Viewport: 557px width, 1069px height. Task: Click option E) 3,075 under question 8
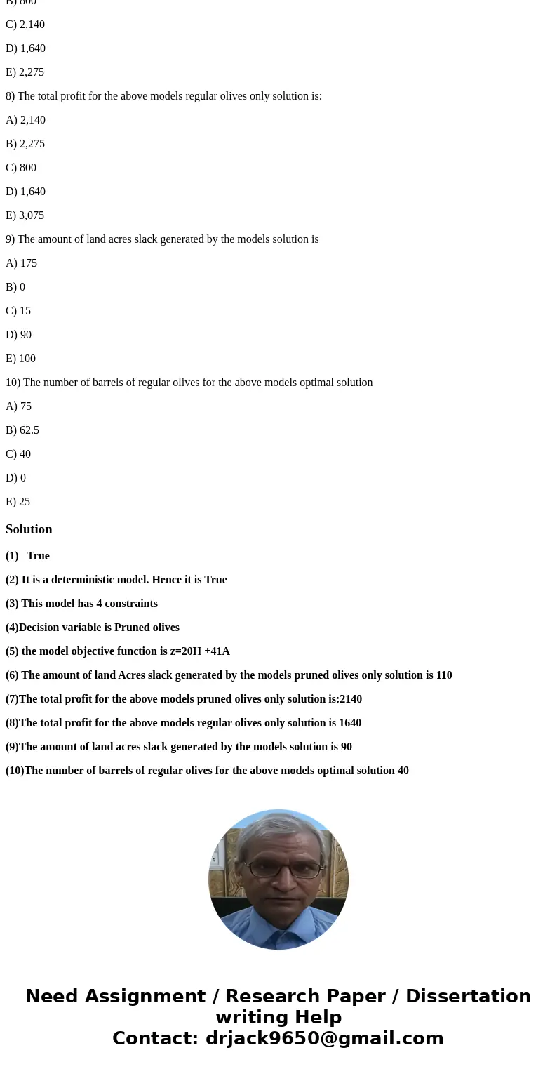[25, 215]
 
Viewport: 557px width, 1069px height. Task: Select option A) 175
[21, 263]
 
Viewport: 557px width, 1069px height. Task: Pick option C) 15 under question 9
[18, 311]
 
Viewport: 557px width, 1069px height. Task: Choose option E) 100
[20, 359]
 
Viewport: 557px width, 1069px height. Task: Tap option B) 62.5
[22, 430]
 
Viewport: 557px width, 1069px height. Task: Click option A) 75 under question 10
[18, 406]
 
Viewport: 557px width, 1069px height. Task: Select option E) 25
[18, 502]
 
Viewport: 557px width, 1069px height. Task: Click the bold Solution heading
[29, 529]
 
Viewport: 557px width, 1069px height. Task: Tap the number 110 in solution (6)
[443, 675]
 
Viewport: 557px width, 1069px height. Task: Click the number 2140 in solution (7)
[350, 699]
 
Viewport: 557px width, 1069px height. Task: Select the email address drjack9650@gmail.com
[324, 1038]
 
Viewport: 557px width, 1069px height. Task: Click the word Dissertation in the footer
[468, 996]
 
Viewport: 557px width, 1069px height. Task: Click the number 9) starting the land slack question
[10, 239]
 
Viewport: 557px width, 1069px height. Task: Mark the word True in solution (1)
[38, 556]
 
